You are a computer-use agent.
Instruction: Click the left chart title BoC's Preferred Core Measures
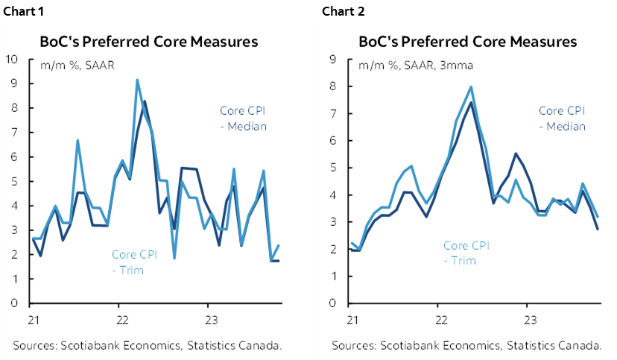coord(150,42)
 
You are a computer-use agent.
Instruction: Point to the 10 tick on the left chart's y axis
coord(13,60)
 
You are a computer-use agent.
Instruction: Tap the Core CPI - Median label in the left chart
coord(243,119)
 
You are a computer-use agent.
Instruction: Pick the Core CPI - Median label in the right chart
coord(562,119)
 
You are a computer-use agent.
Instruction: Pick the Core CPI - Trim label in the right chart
coord(466,253)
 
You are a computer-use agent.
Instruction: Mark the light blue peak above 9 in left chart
coord(137,80)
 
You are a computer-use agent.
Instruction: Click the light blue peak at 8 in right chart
coord(471,86)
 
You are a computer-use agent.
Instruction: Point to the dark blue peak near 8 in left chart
coord(145,101)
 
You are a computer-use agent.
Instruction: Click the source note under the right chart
coord(467,346)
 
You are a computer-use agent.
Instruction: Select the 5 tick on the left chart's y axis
coord(16,182)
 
